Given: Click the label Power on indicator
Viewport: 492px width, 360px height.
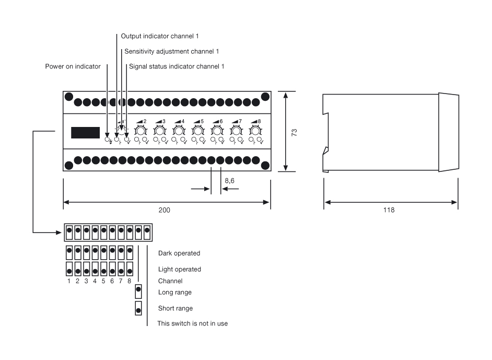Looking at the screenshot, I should click(73, 66).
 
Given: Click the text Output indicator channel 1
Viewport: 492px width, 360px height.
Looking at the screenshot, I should click(160, 37).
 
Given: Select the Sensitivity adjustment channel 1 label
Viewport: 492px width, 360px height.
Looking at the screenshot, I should click(171, 51).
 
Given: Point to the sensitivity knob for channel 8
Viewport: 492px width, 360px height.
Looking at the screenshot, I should click(255, 130).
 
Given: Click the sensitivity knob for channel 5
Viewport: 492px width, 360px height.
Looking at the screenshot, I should click(197, 130).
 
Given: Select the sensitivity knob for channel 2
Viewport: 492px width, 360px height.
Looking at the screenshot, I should click(140, 130).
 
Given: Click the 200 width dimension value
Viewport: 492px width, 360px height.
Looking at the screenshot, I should click(165, 210).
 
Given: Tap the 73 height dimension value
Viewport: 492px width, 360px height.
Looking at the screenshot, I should click(294, 132).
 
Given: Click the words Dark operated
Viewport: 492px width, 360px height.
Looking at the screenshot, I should click(179, 253).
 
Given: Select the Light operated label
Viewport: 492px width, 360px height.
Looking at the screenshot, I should click(179, 269).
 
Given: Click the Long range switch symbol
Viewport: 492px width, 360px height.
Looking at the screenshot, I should click(138, 291).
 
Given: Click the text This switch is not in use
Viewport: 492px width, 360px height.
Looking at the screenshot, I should click(193, 323).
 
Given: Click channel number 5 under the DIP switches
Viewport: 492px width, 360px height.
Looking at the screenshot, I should click(103, 281).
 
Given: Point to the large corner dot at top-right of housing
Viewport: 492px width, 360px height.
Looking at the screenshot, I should click(265, 97).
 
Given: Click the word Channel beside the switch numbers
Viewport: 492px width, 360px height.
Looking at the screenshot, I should click(170, 281).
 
